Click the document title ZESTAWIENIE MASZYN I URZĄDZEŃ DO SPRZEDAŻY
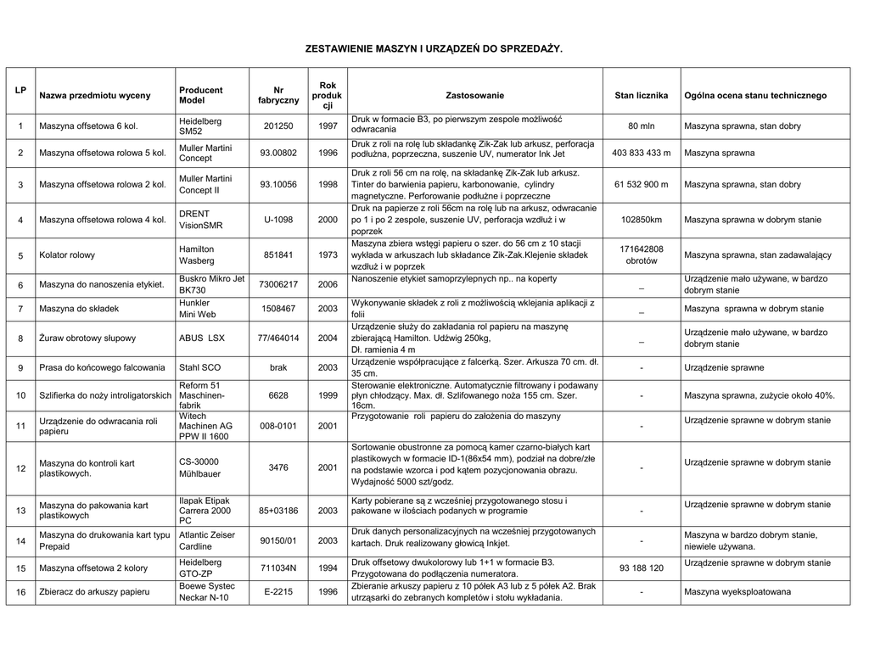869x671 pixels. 434,50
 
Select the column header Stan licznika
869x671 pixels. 641,96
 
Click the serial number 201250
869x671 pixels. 278,126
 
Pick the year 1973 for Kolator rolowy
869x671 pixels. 328,255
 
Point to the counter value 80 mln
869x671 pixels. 641,126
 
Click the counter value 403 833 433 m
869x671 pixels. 641,154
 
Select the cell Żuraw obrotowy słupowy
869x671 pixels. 87,338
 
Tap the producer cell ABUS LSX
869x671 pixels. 202,338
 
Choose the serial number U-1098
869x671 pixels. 278,220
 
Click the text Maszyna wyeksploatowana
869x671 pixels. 737,592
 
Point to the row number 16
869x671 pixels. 20,592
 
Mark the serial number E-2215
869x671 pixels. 278,592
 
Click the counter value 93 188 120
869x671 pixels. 641,568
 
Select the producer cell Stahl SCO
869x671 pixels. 200,368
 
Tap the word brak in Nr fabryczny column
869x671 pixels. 278,368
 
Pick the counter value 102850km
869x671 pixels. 641,220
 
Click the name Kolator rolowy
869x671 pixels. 67,255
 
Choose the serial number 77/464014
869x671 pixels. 278,338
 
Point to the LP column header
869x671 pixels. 20,90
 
